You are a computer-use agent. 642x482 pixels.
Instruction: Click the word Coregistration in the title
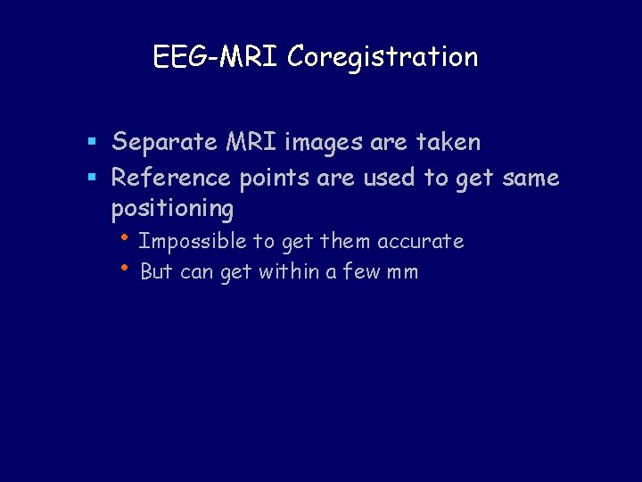coord(383,57)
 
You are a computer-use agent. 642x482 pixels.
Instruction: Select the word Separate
coord(164,143)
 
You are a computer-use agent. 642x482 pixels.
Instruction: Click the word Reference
coord(172,178)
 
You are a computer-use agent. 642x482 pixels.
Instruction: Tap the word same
coord(531,178)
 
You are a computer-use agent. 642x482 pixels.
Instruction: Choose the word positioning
coord(172,209)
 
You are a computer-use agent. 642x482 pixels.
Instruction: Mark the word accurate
coord(420,241)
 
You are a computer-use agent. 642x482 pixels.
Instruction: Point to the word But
coord(157,271)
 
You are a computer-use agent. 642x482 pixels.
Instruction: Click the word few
coord(363,271)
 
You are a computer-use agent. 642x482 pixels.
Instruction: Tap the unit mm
coord(403,272)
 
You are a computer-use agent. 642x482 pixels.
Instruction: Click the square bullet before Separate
coord(92,143)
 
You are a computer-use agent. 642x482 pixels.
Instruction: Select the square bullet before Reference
coord(92,178)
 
